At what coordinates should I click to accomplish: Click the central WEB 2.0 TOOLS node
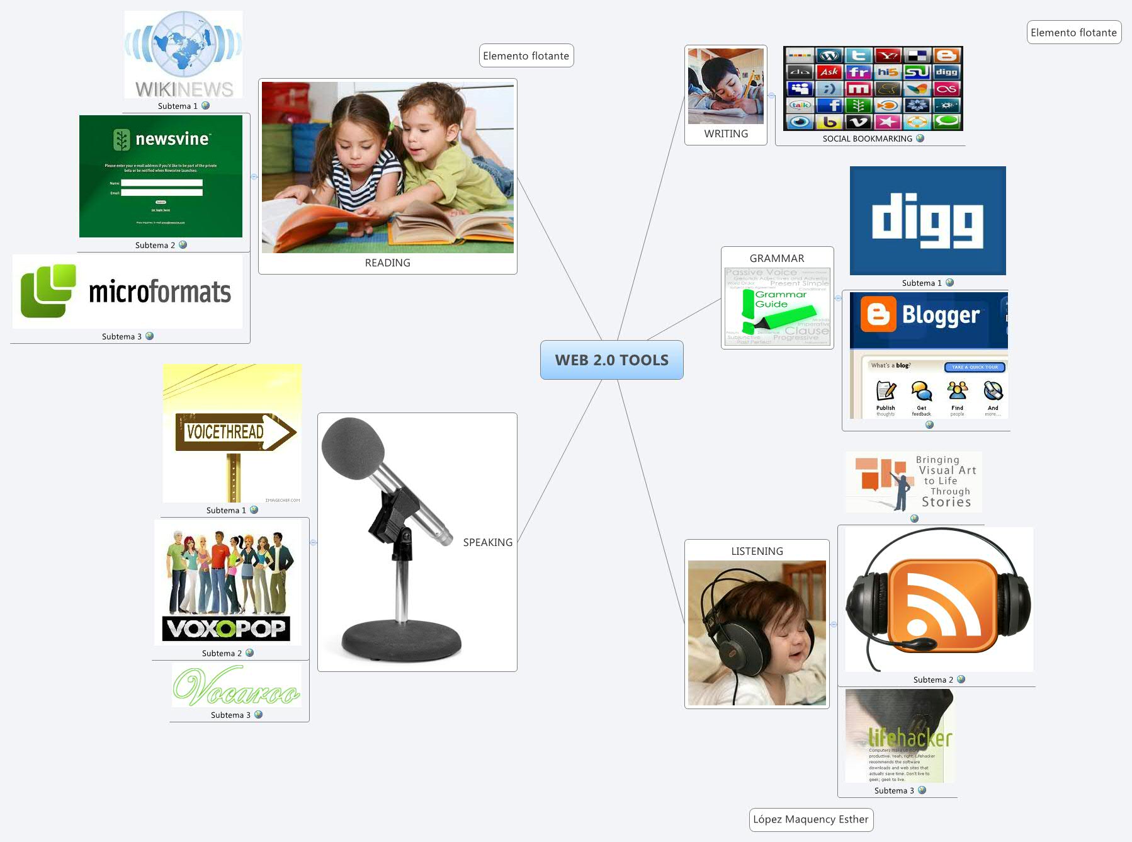tap(611, 360)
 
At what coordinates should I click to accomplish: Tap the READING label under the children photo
tap(387, 263)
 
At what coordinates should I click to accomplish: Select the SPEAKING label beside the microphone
tap(487, 542)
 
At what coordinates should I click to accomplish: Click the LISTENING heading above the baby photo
tap(757, 551)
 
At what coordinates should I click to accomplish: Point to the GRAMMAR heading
tap(776, 258)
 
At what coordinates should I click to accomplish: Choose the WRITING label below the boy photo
tap(726, 134)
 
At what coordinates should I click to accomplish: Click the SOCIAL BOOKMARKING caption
tap(867, 139)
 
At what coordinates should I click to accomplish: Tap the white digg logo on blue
tap(927, 220)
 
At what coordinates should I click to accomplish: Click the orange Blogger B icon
tap(878, 314)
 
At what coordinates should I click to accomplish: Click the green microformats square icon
tap(48, 291)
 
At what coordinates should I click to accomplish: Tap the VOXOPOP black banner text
tap(226, 628)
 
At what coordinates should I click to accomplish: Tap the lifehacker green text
tap(910, 737)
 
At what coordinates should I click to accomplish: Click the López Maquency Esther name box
tap(811, 819)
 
